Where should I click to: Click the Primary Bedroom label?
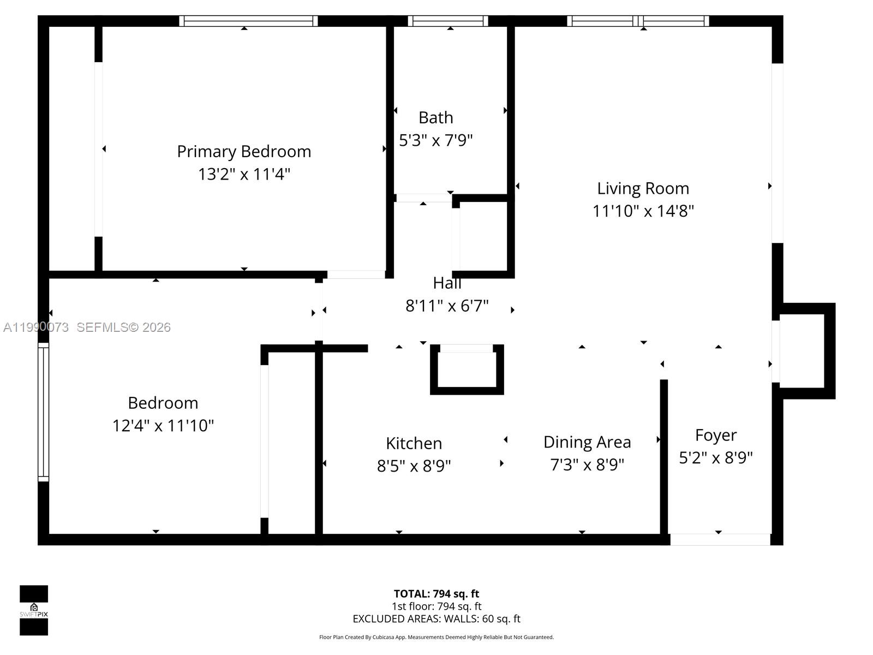pos(244,151)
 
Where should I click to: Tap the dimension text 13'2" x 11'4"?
pos(244,174)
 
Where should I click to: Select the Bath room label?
pos(435,117)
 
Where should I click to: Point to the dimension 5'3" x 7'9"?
pos(435,140)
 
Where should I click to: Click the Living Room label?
pos(643,188)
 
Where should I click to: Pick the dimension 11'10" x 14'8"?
pos(643,211)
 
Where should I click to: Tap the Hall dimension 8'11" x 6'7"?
pos(447,306)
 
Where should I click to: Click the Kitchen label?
pos(414,443)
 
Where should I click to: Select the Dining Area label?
pos(587,442)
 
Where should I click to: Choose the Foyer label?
pos(715,435)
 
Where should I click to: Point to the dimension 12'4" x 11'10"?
pos(163,425)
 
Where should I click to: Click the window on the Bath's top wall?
pos(448,21)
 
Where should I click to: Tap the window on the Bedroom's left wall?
pos(43,412)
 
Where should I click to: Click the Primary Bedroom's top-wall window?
pos(248,21)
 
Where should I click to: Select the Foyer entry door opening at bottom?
pos(720,539)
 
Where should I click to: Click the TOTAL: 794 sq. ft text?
pos(436,594)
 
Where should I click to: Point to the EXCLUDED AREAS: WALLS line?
pos(436,619)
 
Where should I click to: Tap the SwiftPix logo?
pos(34,610)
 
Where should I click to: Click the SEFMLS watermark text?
pos(123,327)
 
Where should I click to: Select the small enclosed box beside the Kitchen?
pos(467,370)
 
